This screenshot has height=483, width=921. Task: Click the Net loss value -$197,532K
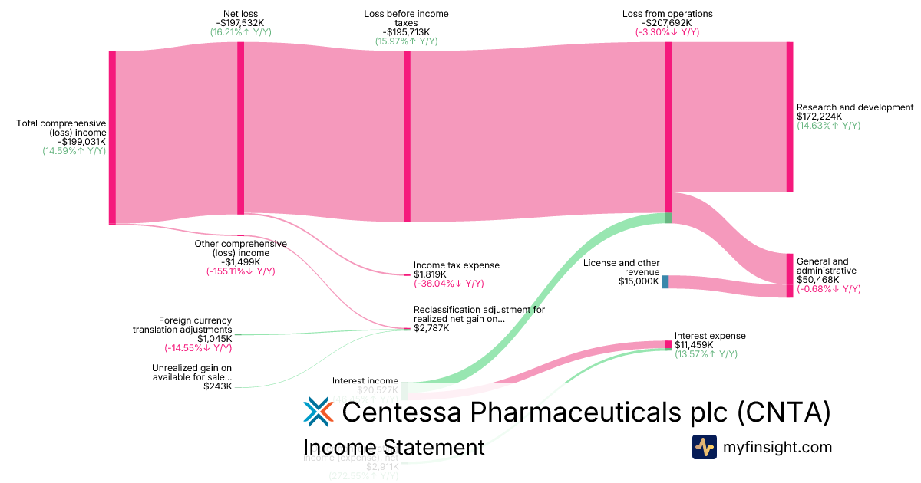[x=240, y=23]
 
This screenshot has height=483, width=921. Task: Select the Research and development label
[x=855, y=107]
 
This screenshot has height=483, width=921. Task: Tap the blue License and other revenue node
[x=665, y=281]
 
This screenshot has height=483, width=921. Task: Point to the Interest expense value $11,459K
[x=694, y=345]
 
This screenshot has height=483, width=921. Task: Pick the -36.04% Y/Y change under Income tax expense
[x=449, y=284]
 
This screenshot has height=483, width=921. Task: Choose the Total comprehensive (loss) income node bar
[x=112, y=138]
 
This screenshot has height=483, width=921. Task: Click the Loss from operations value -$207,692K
[x=667, y=23]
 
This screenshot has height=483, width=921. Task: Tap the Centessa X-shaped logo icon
[x=318, y=412]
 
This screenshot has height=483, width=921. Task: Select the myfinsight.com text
[x=777, y=447]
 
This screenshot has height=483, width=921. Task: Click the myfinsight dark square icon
[x=704, y=447]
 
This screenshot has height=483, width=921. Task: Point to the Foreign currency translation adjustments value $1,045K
[x=214, y=338]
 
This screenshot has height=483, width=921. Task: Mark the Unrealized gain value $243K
[x=217, y=386]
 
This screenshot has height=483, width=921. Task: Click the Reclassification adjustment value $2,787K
[x=431, y=328]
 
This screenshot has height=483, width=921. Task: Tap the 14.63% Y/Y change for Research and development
[x=828, y=126]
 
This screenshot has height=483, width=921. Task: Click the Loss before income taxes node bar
[x=407, y=136]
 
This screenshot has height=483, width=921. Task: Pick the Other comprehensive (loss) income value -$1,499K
[x=240, y=262]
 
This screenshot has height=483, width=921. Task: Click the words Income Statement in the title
[x=394, y=447]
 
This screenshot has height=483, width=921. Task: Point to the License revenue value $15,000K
[x=639, y=281]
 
